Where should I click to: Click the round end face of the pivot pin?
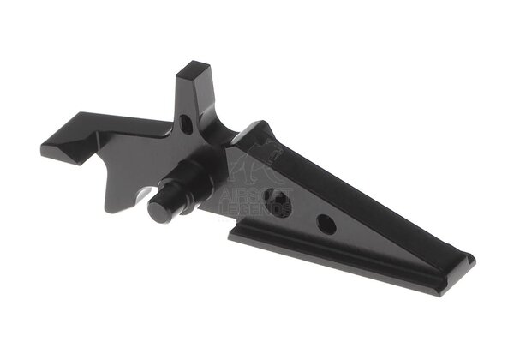pyautogui.click(x=160, y=211)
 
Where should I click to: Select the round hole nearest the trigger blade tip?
pyautogui.click(x=326, y=225)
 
